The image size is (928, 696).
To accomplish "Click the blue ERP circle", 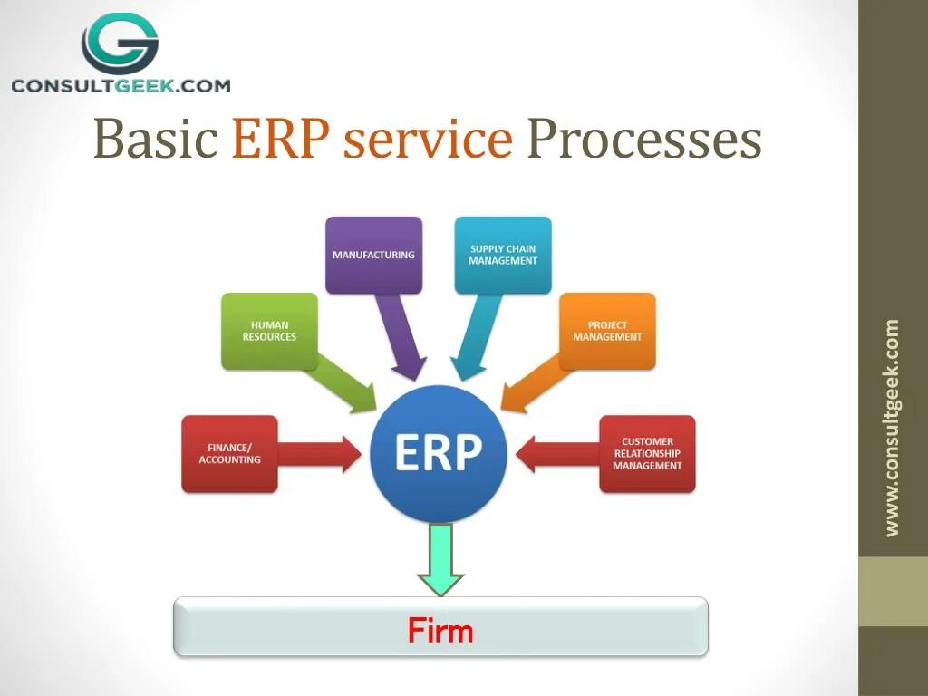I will (x=439, y=453).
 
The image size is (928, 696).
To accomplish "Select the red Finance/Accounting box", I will (x=229, y=454).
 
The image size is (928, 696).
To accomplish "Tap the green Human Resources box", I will (x=269, y=331).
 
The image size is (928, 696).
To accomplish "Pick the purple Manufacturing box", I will (x=373, y=255).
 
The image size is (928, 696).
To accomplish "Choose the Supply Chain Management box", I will (x=503, y=255).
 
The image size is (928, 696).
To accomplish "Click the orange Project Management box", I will (x=607, y=331).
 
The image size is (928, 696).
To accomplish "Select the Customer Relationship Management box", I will (x=647, y=454).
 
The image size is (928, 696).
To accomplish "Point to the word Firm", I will (x=440, y=630).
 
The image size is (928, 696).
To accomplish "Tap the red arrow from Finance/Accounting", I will (x=322, y=454).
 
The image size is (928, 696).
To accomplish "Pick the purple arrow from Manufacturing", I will (x=401, y=340).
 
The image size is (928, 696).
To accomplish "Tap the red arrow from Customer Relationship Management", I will (x=556, y=454).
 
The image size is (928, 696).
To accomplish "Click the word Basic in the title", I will (x=156, y=140).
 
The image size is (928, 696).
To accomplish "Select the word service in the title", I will (x=428, y=140).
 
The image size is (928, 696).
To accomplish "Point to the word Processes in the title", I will (x=643, y=140).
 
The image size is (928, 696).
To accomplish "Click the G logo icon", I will (x=120, y=43).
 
